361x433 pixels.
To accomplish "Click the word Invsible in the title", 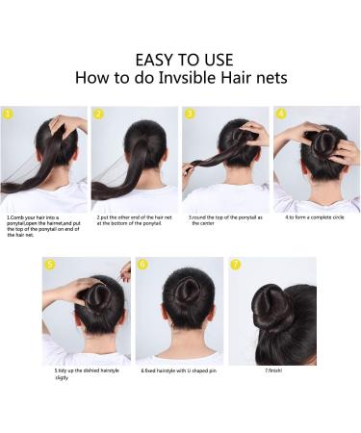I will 198,78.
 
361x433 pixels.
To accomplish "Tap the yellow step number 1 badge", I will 9,113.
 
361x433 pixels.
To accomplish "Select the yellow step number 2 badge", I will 98,113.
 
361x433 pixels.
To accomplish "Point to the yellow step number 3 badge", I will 190,113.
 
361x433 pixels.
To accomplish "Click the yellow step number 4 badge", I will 280,113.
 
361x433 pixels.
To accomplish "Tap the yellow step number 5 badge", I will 50,264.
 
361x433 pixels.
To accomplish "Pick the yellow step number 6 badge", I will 142,264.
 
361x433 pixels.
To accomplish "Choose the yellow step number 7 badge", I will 236,264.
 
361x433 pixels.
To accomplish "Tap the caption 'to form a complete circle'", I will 315,217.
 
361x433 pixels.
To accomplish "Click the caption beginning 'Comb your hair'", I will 44,224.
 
